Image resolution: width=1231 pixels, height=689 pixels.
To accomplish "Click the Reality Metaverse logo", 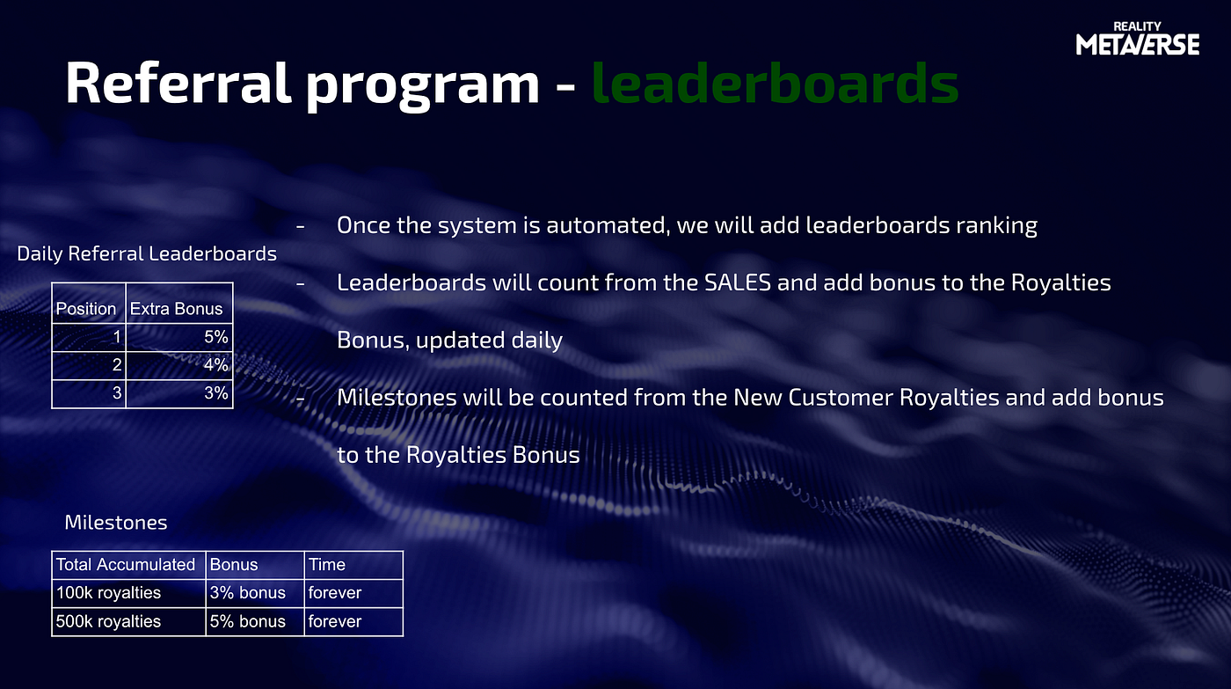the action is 1138,39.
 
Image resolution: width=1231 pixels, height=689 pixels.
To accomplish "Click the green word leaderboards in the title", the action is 775,83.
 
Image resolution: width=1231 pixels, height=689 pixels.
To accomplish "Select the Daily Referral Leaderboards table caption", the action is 147,253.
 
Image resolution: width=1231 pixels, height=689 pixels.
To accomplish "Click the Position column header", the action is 86,309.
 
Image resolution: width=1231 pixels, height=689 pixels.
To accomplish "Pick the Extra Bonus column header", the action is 176,309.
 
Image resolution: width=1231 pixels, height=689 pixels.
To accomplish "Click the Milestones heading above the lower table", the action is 116,523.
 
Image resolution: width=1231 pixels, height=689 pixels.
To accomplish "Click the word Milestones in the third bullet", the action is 397,398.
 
